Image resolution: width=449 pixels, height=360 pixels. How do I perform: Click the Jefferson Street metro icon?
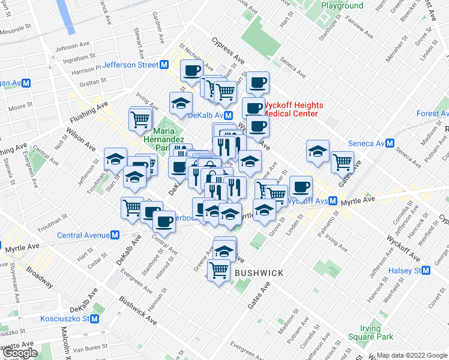click(x=164, y=65)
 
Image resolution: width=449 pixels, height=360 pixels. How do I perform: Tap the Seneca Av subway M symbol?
click(x=390, y=144)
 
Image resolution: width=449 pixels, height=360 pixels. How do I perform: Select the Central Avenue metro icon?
click(x=114, y=235)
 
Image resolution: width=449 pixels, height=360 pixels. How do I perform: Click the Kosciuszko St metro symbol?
click(x=95, y=319)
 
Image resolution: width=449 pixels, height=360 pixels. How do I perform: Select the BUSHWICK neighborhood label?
click(x=259, y=273)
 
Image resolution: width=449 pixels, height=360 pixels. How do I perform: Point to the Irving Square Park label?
click(x=370, y=332)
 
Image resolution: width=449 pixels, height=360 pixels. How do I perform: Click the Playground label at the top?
click(x=342, y=5)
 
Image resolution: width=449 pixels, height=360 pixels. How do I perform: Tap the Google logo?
click(x=19, y=353)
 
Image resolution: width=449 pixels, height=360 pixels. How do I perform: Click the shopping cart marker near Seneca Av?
click(x=342, y=161)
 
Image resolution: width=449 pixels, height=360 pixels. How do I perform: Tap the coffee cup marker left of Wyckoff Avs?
click(x=301, y=186)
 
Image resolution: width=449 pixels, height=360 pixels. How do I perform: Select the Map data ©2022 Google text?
click(x=412, y=355)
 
